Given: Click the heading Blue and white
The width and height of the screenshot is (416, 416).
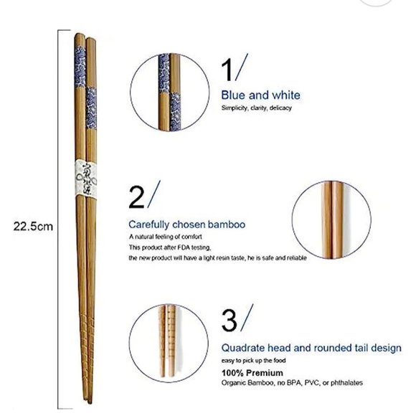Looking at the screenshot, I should [x=260, y=95].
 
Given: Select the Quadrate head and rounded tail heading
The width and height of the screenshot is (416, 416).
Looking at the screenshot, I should [x=311, y=348].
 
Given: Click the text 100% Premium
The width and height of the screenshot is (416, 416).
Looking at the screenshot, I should [x=252, y=373].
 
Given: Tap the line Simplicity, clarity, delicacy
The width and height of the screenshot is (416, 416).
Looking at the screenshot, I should [x=256, y=108].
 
